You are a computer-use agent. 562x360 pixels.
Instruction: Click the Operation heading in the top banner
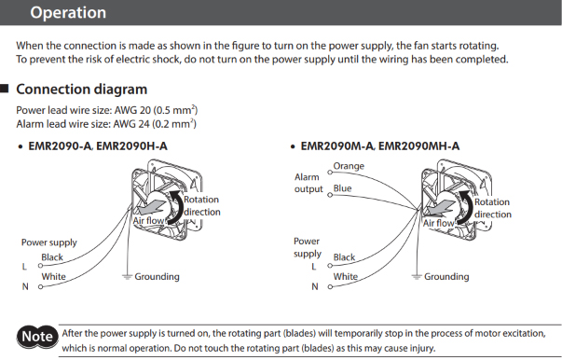click(68, 12)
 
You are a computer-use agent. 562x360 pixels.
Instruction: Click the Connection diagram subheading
click(82, 90)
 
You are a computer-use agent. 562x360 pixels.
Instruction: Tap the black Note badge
click(37, 337)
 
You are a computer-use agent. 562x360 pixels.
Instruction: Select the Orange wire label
click(349, 166)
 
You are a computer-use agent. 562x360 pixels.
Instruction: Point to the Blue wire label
click(342, 188)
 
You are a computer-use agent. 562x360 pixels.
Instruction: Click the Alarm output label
click(308, 183)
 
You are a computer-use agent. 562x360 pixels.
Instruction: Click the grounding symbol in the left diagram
click(127, 277)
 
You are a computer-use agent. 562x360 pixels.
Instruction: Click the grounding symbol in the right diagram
click(416, 277)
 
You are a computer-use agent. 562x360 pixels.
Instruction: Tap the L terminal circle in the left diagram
click(40, 266)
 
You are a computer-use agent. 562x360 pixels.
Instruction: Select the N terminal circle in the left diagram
click(40, 287)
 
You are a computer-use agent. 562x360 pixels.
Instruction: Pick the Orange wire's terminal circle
click(330, 173)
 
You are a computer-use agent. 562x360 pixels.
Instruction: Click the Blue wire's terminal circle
click(330, 195)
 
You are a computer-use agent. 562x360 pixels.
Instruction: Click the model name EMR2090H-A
click(131, 145)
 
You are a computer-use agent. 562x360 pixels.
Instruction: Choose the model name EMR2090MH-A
click(418, 145)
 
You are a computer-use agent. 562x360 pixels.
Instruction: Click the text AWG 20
click(132, 110)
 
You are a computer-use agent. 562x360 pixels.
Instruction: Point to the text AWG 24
click(131, 124)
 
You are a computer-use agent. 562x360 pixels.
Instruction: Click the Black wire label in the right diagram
click(344, 257)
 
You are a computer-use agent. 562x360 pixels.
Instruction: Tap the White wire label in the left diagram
click(53, 277)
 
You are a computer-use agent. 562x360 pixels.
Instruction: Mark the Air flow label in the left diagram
click(148, 220)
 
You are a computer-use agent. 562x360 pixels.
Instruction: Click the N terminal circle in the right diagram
click(330, 287)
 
